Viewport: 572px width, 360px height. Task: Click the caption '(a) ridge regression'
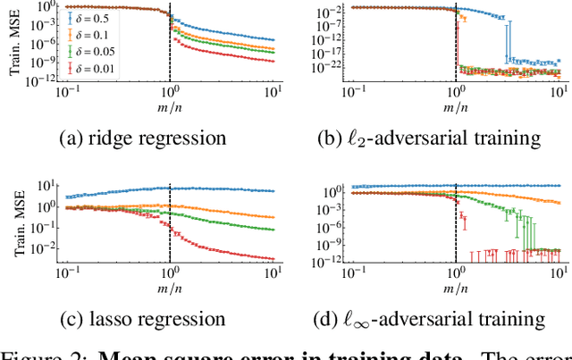(143, 138)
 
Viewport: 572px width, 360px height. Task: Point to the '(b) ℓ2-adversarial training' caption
(429, 138)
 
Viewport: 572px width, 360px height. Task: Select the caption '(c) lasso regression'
(143, 318)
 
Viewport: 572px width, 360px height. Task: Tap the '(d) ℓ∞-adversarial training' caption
(429, 319)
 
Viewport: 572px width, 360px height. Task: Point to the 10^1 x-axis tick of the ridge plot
(273, 94)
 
